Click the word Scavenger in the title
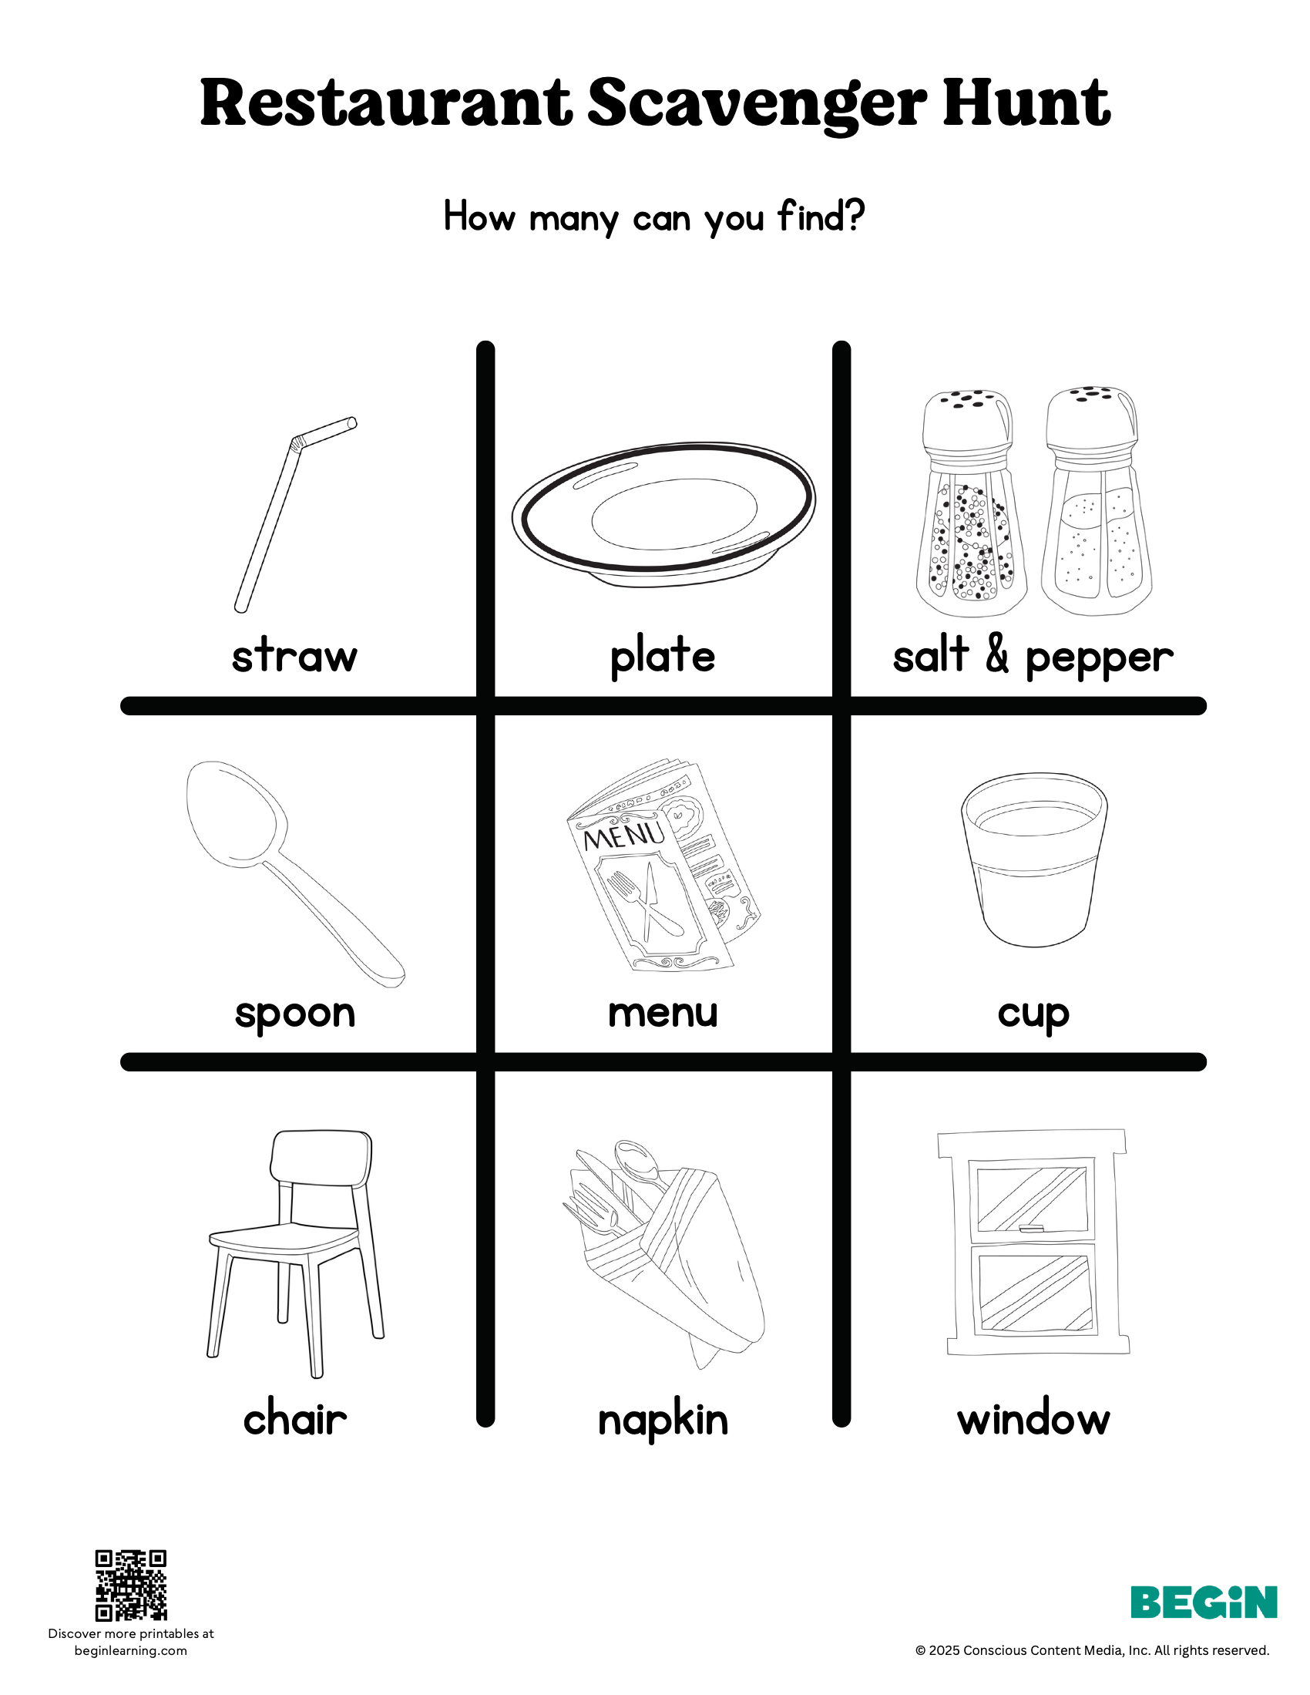tap(757, 105)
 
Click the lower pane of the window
tap(1034, 1292)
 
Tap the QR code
tap(130, 1585)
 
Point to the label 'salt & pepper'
tap(1032, 657)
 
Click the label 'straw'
tap(295, 656)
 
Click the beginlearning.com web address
tap(130, 1651)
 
